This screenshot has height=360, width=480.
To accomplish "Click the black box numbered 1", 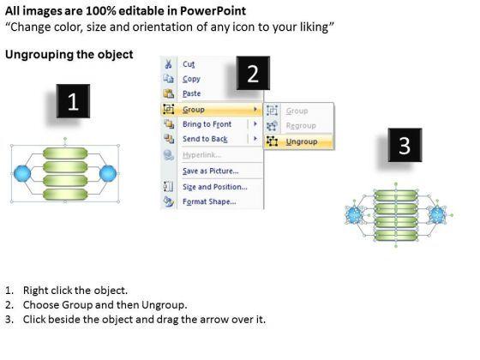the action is click(73, 101).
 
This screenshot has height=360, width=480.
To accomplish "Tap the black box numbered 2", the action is click(253, 73).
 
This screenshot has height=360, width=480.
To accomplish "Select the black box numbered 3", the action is click(405, 145).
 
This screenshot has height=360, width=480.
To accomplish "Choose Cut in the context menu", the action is click(189, 64).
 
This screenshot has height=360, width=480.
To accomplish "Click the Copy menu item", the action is click(191, 79).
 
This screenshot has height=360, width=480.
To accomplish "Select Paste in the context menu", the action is click(192, 93).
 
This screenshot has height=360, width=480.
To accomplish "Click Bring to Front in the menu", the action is click(207, 124).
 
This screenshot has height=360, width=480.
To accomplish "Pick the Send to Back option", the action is click(205, 139).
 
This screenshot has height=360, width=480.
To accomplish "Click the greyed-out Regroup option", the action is click(301, 125).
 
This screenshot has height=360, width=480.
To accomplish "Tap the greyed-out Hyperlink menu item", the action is click(201, 155).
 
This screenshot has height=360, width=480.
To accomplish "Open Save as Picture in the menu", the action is click(211, 171).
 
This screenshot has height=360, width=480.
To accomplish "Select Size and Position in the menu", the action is click(215, 187).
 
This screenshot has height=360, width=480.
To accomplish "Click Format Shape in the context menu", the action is click(209, 201).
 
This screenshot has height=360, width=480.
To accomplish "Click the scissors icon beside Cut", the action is click(168, 64).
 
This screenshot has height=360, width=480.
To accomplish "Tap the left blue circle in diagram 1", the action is click(22, 173).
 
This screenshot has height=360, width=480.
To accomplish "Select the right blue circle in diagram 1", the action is click(108, 173).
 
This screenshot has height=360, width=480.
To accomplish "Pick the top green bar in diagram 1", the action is click(65, 153).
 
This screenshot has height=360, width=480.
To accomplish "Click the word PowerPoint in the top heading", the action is click(213, 11).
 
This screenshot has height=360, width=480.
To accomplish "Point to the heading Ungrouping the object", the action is click(69, 55).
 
